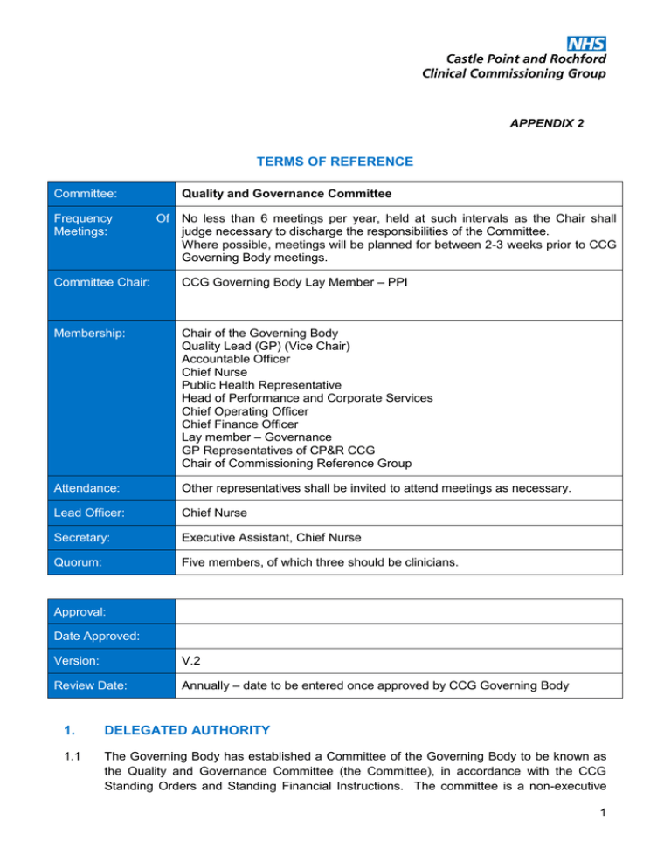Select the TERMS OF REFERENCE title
point(335,162)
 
